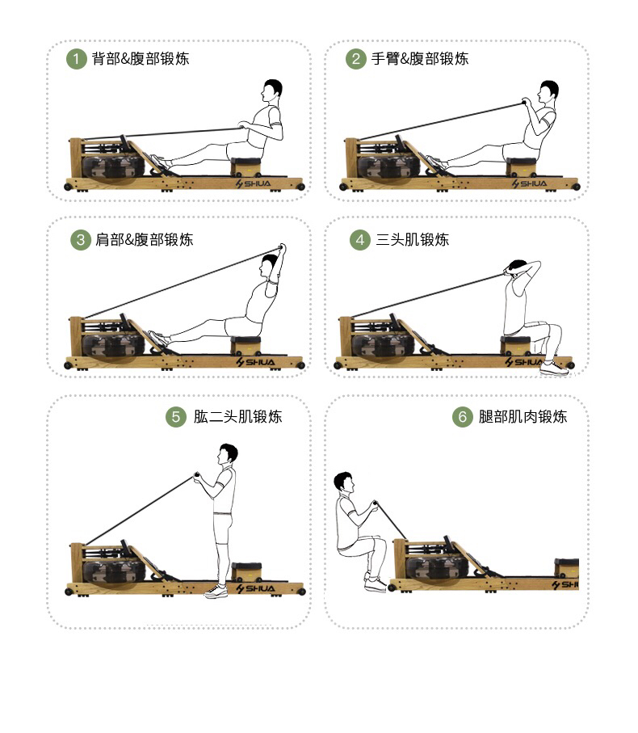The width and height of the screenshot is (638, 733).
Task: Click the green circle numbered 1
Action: pyautogui.click(x=76, y=59)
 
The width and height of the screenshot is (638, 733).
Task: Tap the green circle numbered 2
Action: pyautogui.click(x=355, y=59)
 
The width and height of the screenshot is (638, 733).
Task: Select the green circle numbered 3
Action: pyautogui.click(x=80, y=240)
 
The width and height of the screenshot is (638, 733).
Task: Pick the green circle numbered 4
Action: pyautogui.click(x=359, y=240)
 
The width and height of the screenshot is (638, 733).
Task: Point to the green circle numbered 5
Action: pyautogui.click(x=176, y=417)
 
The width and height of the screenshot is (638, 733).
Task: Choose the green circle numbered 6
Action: pyautogui.click(x=462, y=417)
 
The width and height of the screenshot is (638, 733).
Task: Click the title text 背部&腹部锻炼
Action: pyautogui.click(x=141, y=59)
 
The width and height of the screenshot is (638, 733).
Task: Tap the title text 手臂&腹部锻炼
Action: pyautogui.click(x=420, y=59)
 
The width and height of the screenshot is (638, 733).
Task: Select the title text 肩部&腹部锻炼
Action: pyautogui.click(x=145, y=240)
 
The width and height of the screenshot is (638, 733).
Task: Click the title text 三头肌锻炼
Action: pyautogui.click(x=413, y=240)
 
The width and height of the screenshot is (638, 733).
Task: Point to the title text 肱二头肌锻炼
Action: pyautogui.click(x=238, y=417)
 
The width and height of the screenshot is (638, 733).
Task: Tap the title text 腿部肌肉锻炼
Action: pyautogui.click(x=523, y=417)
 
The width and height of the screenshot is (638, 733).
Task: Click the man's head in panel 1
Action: pyautogui.click(x=273, y=88)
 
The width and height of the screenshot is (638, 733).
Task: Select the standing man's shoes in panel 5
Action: pyautogui.click(x=216, y=592)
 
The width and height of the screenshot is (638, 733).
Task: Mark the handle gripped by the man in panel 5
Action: pyautogui.click(x=195, y=476)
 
